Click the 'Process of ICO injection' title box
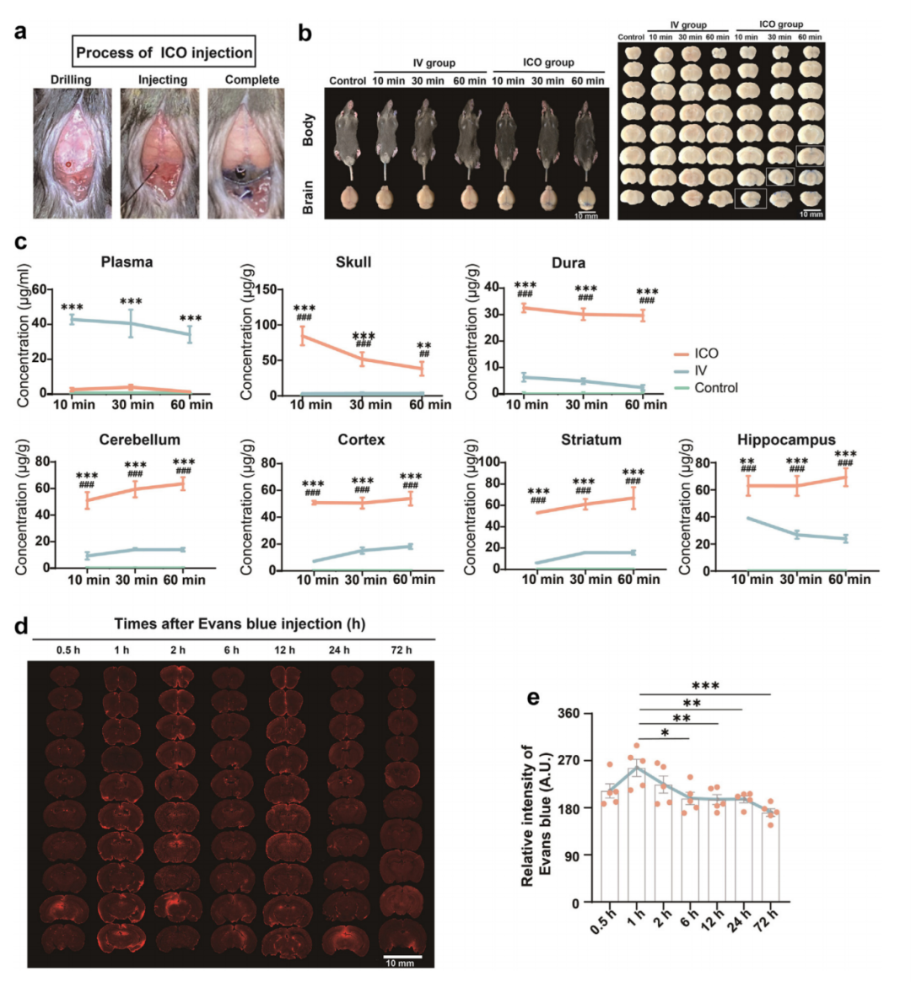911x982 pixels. (164, 52)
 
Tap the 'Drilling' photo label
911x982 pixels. (71, 80)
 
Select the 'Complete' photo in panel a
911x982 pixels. (251, 154)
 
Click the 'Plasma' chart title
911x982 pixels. (127, 262)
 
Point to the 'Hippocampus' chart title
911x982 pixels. (786, 440)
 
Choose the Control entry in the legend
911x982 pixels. (715, 388)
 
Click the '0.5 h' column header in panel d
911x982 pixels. (69, 650)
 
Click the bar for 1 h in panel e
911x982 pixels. (638, 834)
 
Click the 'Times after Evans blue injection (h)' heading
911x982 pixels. (240, 624)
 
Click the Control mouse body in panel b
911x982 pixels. (348, 135)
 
